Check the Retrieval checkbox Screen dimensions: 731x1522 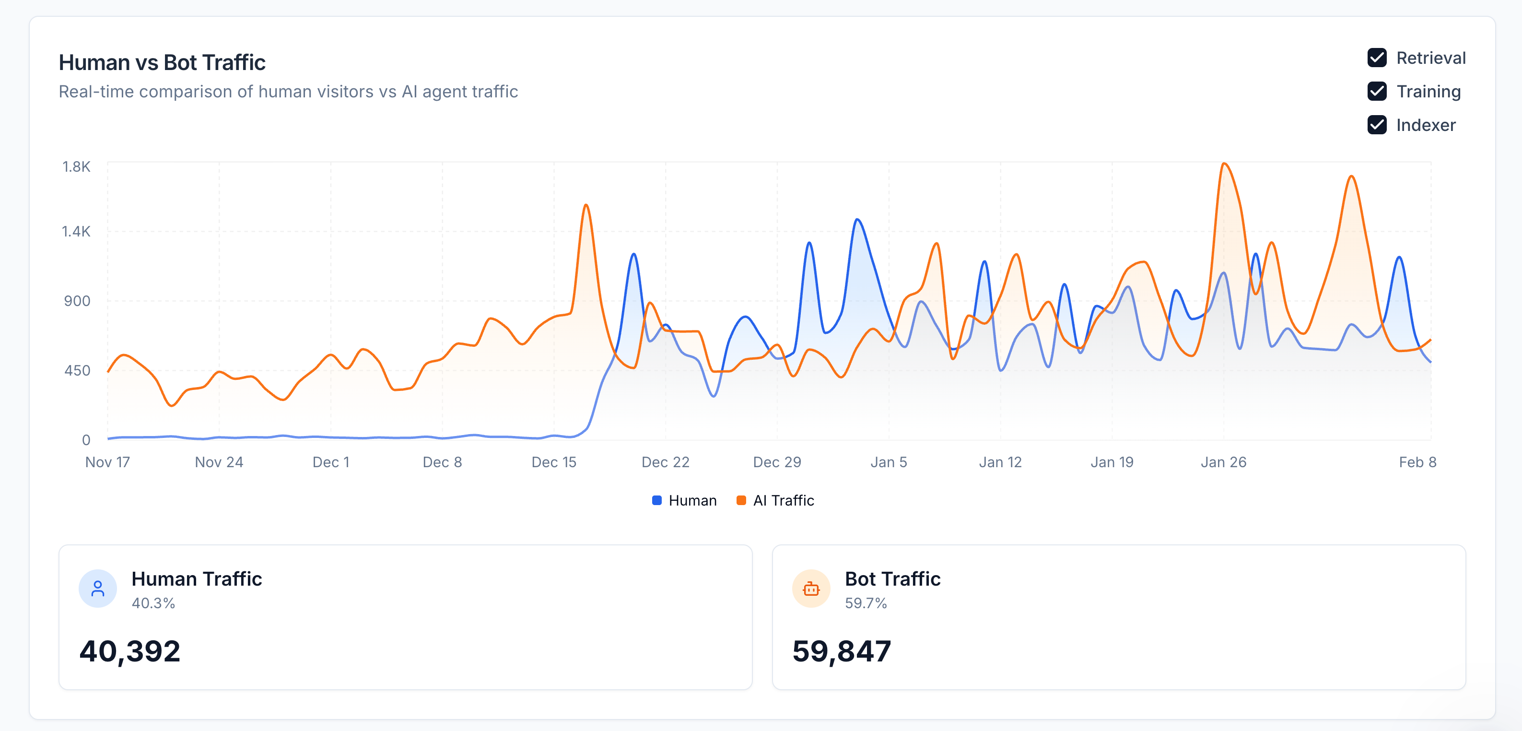(x=1377, y=58)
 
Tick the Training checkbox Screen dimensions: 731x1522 (x=1377, y=92)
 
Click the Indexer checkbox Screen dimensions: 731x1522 (x=1377, y=125)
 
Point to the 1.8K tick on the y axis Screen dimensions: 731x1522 (x=76, y=166)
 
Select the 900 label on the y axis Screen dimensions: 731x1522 (x=77, y=301)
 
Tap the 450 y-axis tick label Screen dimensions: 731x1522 (x=77, y=370)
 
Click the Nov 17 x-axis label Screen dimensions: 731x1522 (x=107, y=462)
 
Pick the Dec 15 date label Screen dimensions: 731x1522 (x=554, y=462)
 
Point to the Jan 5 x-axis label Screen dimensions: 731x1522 (x=888, y=462)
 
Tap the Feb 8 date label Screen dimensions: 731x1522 (x=1417, y=462)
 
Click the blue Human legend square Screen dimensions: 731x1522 (x=656, y=501)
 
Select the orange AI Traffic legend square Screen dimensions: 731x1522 (x=741, y=501)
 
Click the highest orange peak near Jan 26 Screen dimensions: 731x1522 (x=1225, y=164)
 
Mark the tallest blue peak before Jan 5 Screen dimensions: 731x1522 (x=857, y=220)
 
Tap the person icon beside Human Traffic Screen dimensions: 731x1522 (x=97, y=589)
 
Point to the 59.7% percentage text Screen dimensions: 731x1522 (x=866, y=603)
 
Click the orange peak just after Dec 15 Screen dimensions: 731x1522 (x=585, y=205)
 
